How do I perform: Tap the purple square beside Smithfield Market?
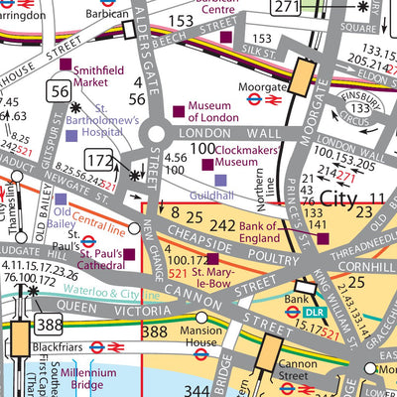(66, 66)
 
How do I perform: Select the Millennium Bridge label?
(87, 379)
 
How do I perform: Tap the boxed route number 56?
(56, 91)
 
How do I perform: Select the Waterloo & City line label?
(109, 295)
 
